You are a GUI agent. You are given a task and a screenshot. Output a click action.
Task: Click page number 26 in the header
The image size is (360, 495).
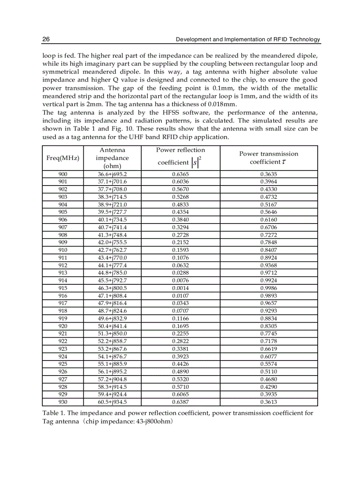(x=46, y=40)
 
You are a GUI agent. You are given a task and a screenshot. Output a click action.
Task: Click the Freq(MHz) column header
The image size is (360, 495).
(x=63, y=158)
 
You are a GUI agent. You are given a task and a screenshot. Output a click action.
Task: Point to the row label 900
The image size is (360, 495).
(x=63, y=174)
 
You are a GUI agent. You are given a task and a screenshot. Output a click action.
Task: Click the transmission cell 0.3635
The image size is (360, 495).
(x=268, y=174)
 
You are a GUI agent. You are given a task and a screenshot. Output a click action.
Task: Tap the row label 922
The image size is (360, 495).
(x=63, y=341)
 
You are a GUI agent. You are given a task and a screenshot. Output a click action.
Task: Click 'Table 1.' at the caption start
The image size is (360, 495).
(x=53, y=413)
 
